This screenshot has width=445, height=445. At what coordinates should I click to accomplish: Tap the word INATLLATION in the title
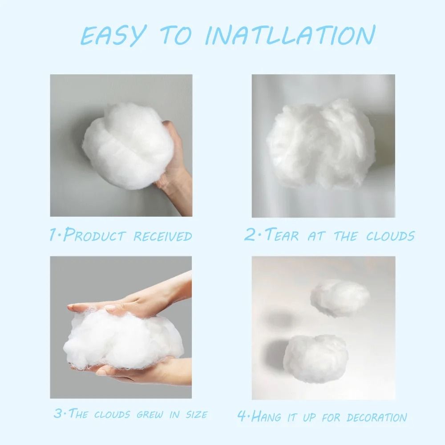pos(290,35)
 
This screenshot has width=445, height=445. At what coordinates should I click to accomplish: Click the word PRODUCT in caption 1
pos(95,235)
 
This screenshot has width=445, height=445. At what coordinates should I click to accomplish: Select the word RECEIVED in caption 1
pos(163,235)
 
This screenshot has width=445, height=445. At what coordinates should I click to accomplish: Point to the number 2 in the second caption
pos(249,235)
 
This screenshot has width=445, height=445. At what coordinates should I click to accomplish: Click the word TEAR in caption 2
pos(281,235)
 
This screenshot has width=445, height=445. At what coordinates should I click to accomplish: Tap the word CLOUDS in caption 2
pos(390,235)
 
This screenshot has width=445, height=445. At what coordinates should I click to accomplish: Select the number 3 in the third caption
pos(58,413)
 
